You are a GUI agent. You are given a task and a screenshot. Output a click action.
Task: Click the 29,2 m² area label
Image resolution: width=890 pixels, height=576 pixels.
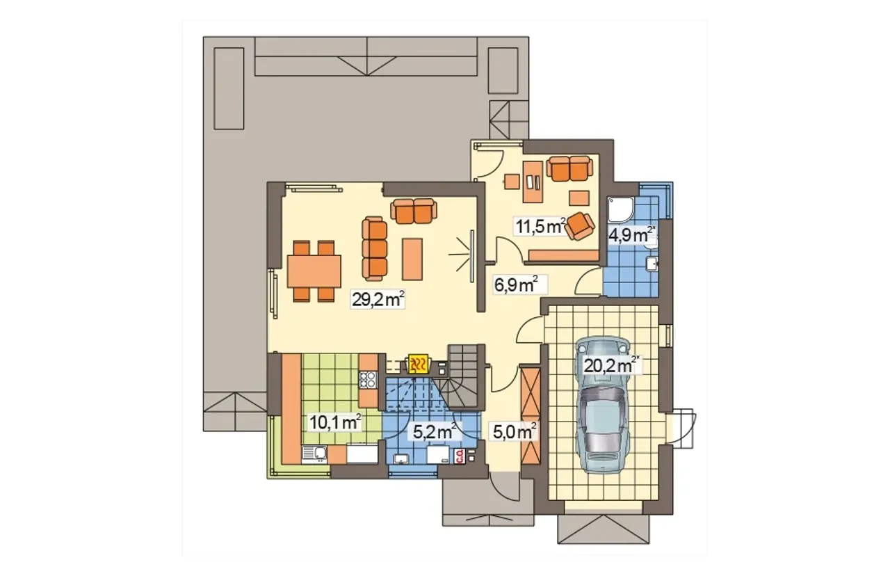(378, 299)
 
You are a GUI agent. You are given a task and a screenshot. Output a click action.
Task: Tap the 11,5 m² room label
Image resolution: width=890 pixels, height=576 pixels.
(540, 226)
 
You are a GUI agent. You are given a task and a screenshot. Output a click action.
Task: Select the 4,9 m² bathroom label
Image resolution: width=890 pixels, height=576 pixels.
(631, 235)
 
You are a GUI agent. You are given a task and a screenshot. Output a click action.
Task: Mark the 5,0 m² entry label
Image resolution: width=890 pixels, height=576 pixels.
(515, 431)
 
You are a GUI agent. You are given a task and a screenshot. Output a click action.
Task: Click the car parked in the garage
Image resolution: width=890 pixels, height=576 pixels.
(604, 405)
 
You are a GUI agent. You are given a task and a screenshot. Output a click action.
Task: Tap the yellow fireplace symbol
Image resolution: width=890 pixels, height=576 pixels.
(418, 363)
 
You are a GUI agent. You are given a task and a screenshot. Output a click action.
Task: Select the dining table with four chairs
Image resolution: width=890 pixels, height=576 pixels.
(314, 271)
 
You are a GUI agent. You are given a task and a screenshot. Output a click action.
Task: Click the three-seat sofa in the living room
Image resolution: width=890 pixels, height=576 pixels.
(374, 248)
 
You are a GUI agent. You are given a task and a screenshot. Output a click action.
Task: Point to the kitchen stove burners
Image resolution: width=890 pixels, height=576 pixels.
(368, 379)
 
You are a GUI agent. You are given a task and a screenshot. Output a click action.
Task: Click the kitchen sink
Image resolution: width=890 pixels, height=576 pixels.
(314, 454)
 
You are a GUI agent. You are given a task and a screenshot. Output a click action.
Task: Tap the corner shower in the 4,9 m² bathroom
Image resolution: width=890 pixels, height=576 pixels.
(622, 210)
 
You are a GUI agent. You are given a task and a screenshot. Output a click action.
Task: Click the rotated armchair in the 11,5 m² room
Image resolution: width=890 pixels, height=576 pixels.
(580, 226)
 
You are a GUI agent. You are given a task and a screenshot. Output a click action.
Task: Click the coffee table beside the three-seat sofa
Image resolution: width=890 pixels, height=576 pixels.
(412, 259)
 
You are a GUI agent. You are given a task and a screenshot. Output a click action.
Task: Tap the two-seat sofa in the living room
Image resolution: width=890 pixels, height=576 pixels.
(414, 210)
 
